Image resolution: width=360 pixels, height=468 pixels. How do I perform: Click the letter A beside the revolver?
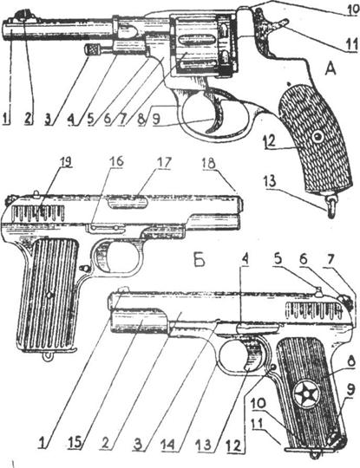330,69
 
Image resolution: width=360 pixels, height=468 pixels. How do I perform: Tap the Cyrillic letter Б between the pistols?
199,261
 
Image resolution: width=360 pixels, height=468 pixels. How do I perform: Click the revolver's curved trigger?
219,115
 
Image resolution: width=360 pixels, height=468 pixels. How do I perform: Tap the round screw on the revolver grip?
317,137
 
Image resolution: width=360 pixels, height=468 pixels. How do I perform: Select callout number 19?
66,161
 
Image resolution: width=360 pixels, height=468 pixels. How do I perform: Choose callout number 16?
116,161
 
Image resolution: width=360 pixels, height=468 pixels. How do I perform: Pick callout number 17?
164,163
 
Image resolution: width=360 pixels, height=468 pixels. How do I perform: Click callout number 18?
210,163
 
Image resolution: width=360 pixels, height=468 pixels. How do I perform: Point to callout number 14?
173,452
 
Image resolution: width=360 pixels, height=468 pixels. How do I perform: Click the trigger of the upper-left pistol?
106,257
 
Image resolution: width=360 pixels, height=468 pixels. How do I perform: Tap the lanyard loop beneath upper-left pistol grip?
46,356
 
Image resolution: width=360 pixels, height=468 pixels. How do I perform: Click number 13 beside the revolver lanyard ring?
271,181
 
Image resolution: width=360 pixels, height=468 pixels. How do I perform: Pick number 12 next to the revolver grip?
270,140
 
